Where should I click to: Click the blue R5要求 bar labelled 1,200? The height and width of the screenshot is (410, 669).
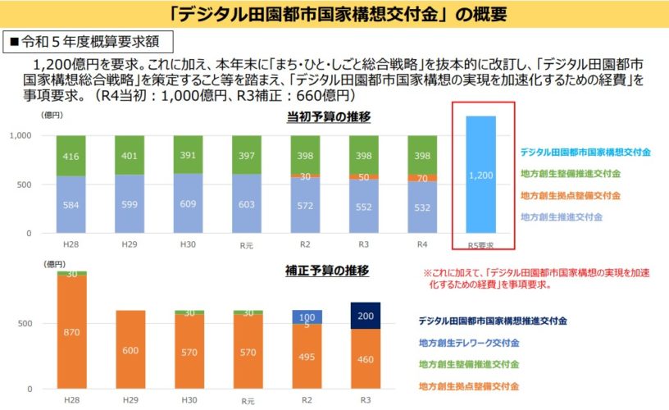tap(481, 175)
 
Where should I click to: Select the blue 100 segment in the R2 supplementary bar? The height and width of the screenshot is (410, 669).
tap(307, 317)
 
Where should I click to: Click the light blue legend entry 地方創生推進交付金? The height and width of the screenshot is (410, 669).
tap(561, 217)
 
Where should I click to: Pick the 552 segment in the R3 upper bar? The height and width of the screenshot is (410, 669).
tap(366, 206)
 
